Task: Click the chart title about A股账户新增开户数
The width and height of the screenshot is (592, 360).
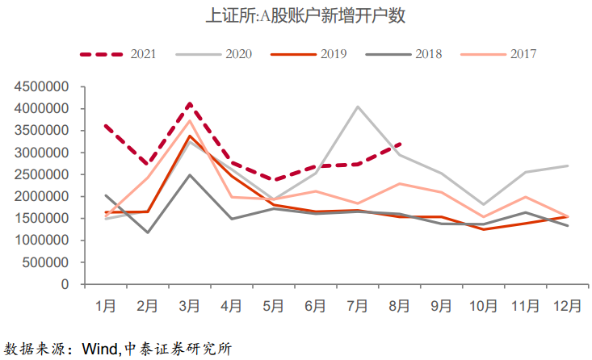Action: pyautogui.click(x=305, y=16)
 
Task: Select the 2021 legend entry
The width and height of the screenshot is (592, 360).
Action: pyautogui.click(x=118, y=54)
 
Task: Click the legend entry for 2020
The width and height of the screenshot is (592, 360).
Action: pyautogui.click(x=214, y=54)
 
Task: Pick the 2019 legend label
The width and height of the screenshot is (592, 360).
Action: pyautogui.click(x=309, y=54)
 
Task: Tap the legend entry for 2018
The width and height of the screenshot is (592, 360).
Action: pyautogui.click(x=404, y=54)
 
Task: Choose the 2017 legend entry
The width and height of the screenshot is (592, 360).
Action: pyautogui.click(x=498, y=54)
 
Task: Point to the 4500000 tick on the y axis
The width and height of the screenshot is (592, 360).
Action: pyautogui.click(x=41, y=87)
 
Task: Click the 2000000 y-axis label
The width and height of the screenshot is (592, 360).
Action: pyautogui.click(x=41, y=196)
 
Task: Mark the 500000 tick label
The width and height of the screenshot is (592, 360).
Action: pyautogui.click(x=46, y=262)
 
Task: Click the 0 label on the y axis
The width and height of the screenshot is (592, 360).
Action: pyautogui.click(x=65, y=284)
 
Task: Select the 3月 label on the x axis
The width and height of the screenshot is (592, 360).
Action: pyautogui.click(x=190, y=306)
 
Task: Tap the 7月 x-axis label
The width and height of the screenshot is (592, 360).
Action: pyautogui.click(x=357, y=306)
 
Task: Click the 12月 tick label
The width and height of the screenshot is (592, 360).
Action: pyautogui.click(x=567, y=306)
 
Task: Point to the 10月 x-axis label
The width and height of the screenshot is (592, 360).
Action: pyautogui.click(x=483, y=306)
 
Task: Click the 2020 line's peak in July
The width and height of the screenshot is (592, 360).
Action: pyautogui.click(x=357, y=107)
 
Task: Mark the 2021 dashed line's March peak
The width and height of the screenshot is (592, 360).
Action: pyautogui.click(x=190, y=103)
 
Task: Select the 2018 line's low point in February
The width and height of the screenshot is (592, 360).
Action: pyautogui.click(x=148, y=232)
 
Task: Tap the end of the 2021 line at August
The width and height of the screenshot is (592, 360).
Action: pyautogui.click(x=401, y=144)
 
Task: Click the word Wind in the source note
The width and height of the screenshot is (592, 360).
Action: pyautogui.click(x=100, y=349)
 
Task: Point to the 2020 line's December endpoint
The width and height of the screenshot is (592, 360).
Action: pyautogui.click(x=568, y=166)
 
